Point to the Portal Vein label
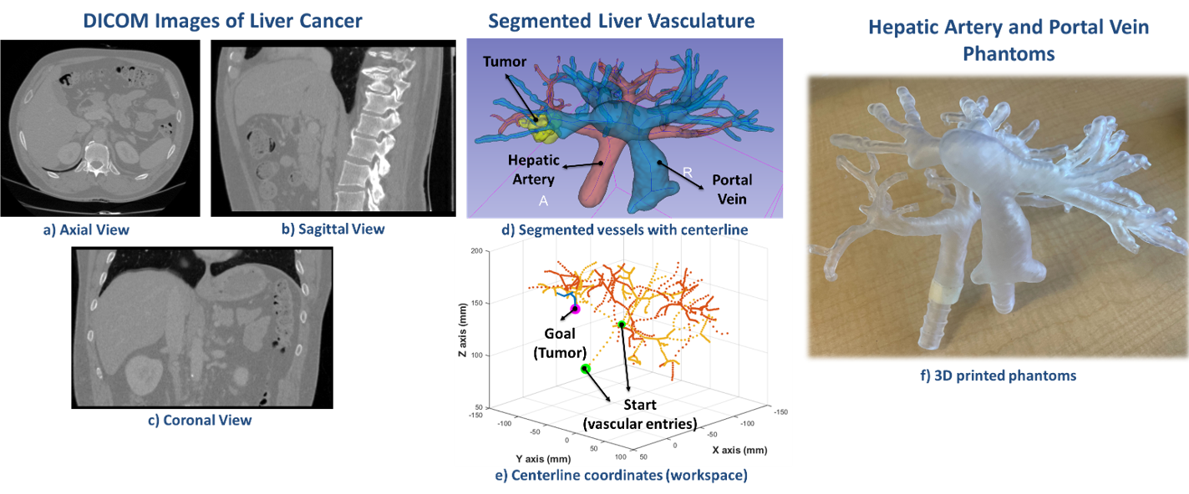coord(732,189)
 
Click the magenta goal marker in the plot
coord(575,309)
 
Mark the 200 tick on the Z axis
coord(477,250)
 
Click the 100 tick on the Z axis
coord(477,355)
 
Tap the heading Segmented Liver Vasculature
coord(622,21)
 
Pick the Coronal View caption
coord(201,421)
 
